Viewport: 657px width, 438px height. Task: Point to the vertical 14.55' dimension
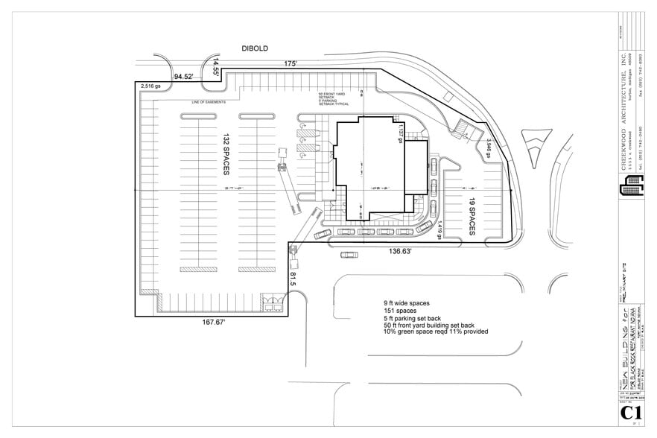[x=217, y=66]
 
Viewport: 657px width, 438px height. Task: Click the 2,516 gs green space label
[x=151, y=86]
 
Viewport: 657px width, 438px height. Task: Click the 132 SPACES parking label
[x=225, y=156]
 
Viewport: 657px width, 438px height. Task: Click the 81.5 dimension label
[x=293, y=279]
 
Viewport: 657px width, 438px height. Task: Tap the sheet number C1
[x=631, y=414]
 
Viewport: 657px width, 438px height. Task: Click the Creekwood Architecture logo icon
[x=631, y=191]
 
